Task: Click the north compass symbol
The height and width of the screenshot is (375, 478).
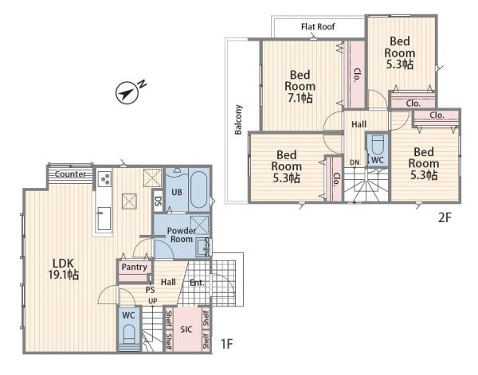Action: (x=127, y=92)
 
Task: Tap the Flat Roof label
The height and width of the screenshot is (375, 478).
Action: (x=318, y=27)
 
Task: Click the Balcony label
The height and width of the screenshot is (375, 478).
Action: (x=238, y=119)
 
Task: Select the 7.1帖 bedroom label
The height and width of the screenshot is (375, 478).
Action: (x=300, y=87)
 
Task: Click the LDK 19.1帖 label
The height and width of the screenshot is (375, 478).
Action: (x=64, y=269)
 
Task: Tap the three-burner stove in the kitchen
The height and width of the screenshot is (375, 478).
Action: (x=104, y=178)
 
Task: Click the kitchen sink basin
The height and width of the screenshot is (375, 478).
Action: (x=104, y=218)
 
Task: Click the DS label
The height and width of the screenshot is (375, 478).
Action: (x=159, y=201)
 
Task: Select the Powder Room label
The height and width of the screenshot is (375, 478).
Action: (x=182, y=235)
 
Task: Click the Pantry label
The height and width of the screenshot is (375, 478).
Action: (x=134, y=268)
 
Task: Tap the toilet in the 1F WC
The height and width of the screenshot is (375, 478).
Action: (x=128, y=336)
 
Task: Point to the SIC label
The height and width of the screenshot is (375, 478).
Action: (x=186, y=329)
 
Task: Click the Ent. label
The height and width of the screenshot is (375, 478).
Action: (x=197, y=283)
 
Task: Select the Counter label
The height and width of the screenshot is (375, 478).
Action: (x=70, y=174)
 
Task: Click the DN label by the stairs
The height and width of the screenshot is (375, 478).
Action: (x=355, y=162)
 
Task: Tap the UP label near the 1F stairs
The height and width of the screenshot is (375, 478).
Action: (x=153, y=301)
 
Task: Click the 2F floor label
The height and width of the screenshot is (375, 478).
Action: (x=445, y=217)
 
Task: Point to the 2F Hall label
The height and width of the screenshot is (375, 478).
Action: (x=358, y=124)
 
